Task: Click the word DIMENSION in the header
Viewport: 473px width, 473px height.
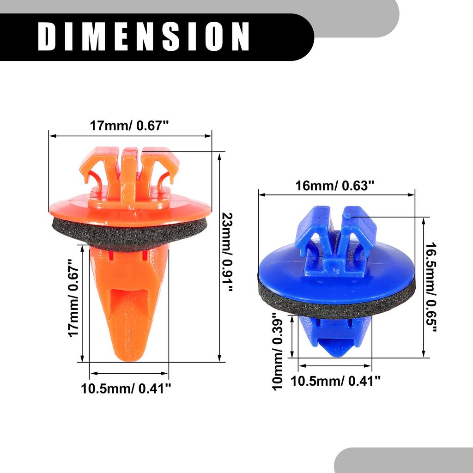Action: [x=144, y=36]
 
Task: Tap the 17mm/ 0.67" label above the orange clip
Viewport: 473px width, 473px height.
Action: [x=130, y=126]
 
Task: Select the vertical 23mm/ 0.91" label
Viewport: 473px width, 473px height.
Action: [x=228, y=252]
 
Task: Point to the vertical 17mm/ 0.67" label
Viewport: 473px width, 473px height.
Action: [x=73, y=298]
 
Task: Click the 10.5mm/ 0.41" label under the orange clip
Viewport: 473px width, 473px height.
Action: [x=126, y=388]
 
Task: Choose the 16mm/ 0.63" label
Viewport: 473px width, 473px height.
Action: [x=335, y=186]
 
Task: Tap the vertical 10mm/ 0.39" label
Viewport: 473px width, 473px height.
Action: [x=278, y=352]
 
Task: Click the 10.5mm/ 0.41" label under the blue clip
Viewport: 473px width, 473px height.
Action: [x=335, y=381]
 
